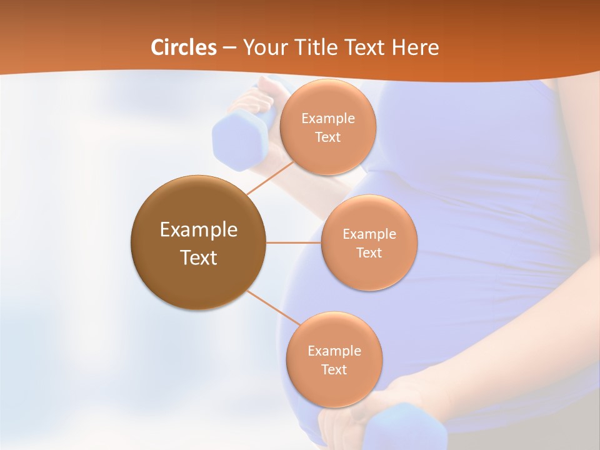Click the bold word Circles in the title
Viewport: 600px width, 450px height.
tap(183, 47)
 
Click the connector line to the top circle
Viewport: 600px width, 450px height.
tap(270, 177)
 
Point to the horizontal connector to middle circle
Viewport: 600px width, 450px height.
tap(294, 242)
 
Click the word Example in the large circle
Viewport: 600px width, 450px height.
tap(198, 230)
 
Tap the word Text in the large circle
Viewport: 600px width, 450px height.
tap(198, 257)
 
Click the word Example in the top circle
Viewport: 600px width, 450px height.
tap(327, 119)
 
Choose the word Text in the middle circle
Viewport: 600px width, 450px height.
tap(369, 253)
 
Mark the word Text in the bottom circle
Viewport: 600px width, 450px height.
tap(334, 370)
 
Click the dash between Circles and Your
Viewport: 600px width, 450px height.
tap(229, 48)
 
